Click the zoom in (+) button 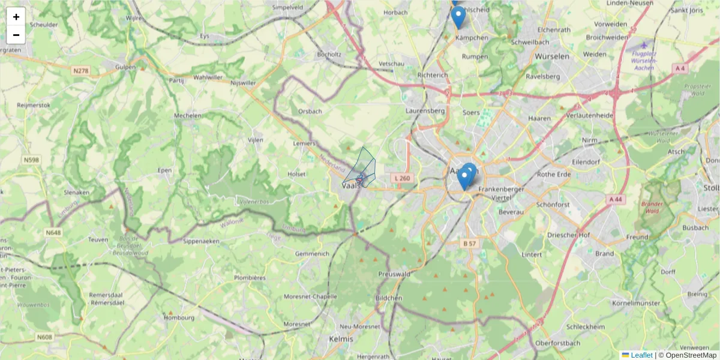click(16, 17)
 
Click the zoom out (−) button click(16, 35)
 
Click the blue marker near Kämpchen click(458, 16)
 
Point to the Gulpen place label click(125, 67)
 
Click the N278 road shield click(80, 71)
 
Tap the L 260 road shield click(403, 178)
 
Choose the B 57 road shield click(469, 244)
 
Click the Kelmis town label click(341, 339)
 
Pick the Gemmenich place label click(312, 254)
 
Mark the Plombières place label click(250, 278)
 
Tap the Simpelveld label click(287, 8)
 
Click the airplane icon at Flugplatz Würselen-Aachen click(644, 45)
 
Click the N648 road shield click(53, 232)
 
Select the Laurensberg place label click(424, 111)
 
